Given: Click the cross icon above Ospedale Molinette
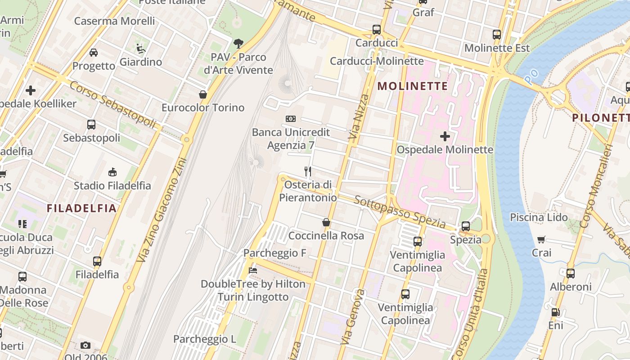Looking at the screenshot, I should pos(445,136).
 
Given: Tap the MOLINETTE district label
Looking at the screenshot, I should pos(413,86).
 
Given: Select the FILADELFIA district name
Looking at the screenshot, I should pos(81,208).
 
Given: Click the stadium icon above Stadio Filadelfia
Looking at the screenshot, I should pos(112,172).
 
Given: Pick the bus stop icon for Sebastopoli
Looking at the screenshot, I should pos(91,125).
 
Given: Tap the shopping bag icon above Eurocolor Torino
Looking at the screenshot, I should pos(203,94).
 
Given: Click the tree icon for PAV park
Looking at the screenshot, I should pos(238,44).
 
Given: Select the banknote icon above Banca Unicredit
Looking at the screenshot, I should pos(291,119).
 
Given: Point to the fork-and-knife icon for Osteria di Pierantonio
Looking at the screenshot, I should pos(308,171).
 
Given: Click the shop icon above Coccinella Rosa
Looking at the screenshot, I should pos(326,222).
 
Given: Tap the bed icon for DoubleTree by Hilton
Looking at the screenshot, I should pos(253,270).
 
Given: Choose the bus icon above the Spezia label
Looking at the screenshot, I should pos(466,226).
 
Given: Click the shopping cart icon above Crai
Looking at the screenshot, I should pos(541,239).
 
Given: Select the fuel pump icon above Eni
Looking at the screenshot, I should pos(556,312).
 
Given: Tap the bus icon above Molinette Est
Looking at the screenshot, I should pos(497,35).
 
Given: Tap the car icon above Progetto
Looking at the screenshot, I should pos(94,52).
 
